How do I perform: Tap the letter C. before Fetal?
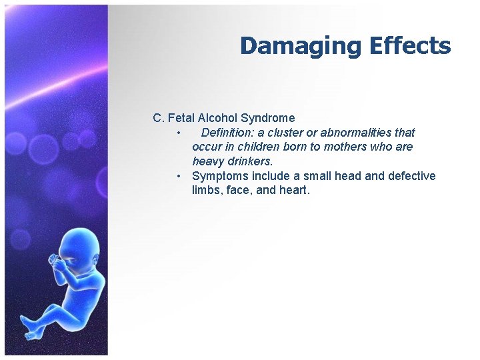158,118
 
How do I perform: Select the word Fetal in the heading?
180,118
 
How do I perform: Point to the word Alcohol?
217,118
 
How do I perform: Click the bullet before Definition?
179,133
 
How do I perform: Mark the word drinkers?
247,161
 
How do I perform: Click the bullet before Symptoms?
179,176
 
